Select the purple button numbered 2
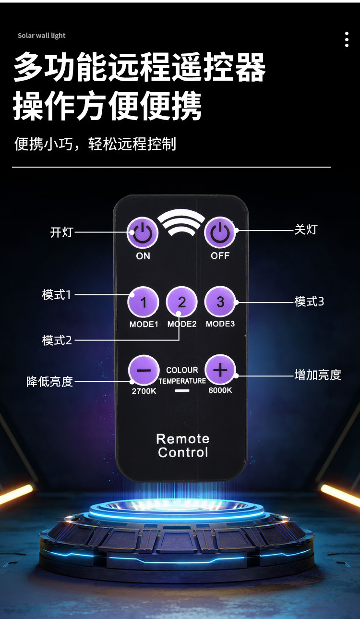tap(182, 303)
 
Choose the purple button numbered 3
tap(220, 302)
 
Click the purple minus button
tap(144, 371)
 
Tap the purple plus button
tap(220, 370)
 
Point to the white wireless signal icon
tap(181, 222)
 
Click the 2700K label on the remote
tap(144, 391)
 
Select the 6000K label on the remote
tap(220, 390)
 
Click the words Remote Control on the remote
tap(183, 446)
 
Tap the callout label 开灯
tap(61, 232)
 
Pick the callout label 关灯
tap(306, 229)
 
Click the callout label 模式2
tap(57, 340)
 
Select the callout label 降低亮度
tap(50, 382)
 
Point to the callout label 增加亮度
tap(317, 375)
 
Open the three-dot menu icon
tap(347, 39)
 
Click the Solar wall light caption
tap(42, 36)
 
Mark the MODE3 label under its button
tap(220, 324)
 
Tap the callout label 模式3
tap(309, 302)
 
